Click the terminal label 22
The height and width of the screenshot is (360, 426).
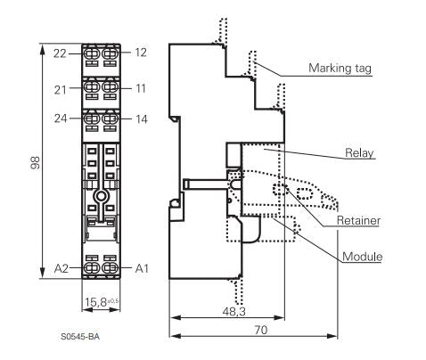tap(60, 53)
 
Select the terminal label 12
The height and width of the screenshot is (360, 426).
tap(141, 53)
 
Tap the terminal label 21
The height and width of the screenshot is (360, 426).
tap(61, 90)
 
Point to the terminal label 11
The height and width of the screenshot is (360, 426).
tap(141, 88)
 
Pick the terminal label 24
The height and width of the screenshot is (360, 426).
tap(61, 119)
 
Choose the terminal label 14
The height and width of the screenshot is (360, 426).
tap(142, 119)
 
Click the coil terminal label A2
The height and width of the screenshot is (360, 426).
tap(61, 268)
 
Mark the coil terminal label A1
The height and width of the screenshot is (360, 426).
tap(142, 268)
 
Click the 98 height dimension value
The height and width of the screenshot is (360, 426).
tap(35, 162)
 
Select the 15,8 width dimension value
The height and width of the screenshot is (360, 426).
tap(95, 302)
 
